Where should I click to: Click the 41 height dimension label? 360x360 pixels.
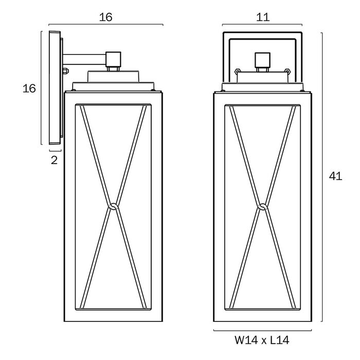[x=335, y=176]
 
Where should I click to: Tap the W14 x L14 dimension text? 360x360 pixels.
[x=262, y=340]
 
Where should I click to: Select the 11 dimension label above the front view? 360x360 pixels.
[x=263, y=17]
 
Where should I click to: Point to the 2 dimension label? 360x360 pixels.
[x=54, y=160]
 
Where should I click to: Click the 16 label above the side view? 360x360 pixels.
[x=105, y=17]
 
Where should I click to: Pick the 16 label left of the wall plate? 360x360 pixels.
[x=29, y=88]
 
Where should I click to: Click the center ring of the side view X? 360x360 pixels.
[x=113, y=207]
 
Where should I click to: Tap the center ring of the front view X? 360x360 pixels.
[x=262, y=207]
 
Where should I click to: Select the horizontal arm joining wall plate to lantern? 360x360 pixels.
[x=84, y=59]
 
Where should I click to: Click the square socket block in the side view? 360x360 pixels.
[x=113, y=59]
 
